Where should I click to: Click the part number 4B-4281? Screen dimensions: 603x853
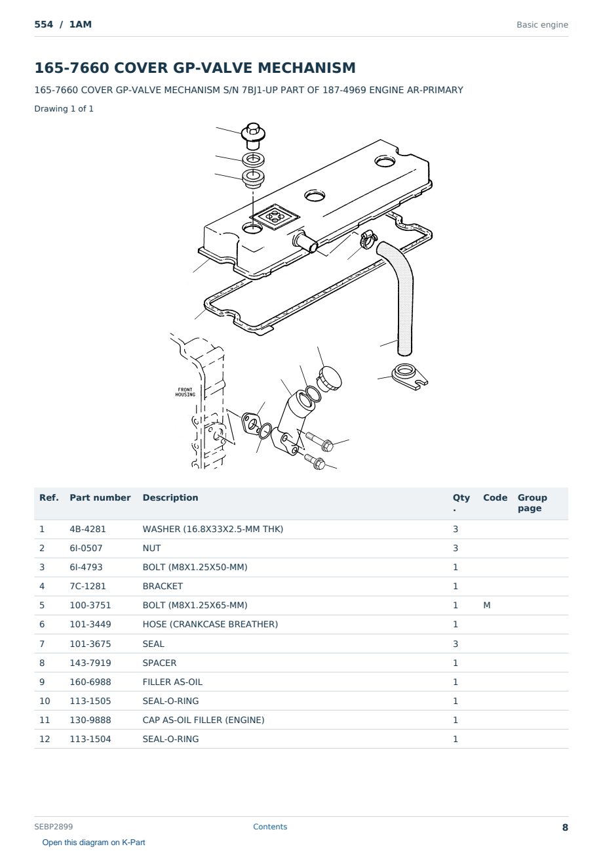(88, 529)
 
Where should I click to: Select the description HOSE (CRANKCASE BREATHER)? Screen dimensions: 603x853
(210, 624)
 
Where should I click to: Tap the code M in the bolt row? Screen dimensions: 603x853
(486, 605)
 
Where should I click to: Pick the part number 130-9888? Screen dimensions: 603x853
(90, 720)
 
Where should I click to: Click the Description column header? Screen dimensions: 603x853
(170, 497)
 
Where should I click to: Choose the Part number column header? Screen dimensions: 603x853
(100, 497)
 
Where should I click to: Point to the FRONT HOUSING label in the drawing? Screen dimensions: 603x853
(185, 392)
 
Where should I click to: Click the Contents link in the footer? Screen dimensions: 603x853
(270, 826)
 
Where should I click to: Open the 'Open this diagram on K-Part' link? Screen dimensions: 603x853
(94, 843)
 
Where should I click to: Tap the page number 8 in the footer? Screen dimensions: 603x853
(565, 827)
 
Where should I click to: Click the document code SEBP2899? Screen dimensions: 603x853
(53, 826)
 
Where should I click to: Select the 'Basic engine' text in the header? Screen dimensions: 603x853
(542, 25)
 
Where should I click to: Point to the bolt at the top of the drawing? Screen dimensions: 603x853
(253, 136)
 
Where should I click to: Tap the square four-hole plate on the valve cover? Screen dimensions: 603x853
(274, 217)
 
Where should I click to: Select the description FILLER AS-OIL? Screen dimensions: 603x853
(172, 682)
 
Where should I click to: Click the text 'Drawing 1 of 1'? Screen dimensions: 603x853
(64, 108)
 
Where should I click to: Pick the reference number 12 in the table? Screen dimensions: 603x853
(45, 739)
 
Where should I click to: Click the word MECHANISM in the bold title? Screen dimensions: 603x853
(307, 68)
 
